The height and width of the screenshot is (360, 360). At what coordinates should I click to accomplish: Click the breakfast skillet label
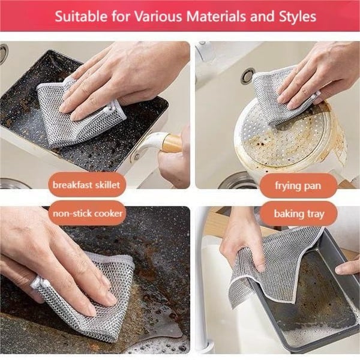pos(86,185)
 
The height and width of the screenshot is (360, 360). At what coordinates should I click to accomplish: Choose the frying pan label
pos(298,185)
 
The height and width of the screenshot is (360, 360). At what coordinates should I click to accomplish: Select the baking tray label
pos(298,214)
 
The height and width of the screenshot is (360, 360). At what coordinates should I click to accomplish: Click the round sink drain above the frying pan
pos(247,76)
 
